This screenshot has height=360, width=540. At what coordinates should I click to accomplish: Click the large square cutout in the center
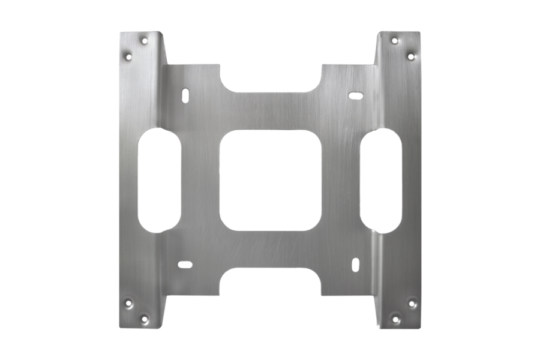click(x=269, y=181)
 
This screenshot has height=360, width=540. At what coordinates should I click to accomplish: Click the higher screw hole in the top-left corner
click(x=144, y=41)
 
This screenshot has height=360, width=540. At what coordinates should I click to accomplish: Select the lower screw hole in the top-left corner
click(x=127, y=57)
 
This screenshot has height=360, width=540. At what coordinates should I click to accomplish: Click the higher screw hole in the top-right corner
click(x=394, y=41)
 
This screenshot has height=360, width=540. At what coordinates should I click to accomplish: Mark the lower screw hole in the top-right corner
click(x=411, y=56)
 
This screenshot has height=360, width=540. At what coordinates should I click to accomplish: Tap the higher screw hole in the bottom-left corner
click(x=127, y=302)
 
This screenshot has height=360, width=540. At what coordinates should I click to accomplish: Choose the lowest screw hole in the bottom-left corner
click(x=143, y=318)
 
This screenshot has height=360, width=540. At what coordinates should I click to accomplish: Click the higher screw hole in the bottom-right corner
click(x=411, y=302)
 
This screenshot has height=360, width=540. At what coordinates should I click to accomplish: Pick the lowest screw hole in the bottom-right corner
click(x=394, y=318)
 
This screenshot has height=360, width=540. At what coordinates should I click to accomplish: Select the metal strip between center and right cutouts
click(x=341, y=180)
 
